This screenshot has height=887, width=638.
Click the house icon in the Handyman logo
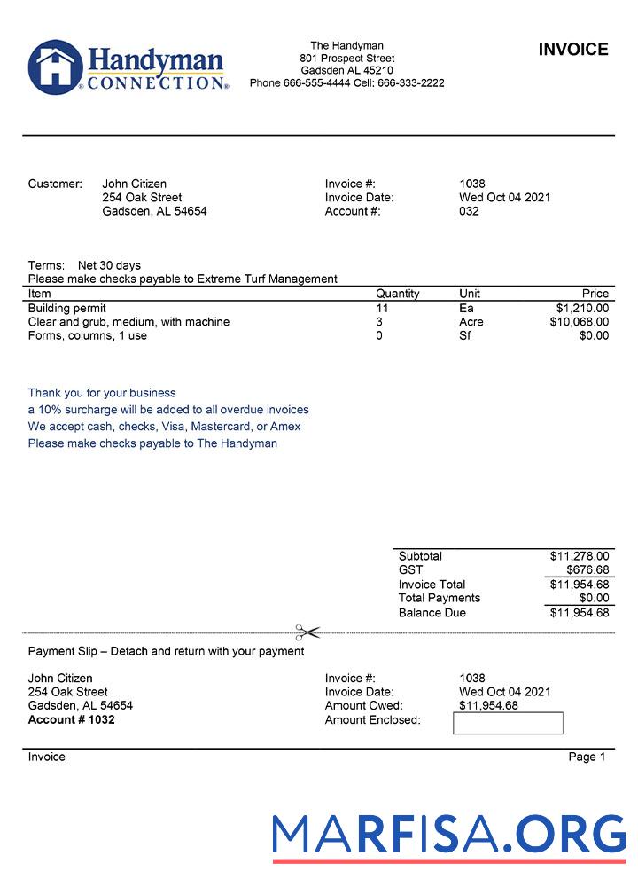click(x=55, y=67)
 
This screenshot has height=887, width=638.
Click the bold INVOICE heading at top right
click(x=573, y=50)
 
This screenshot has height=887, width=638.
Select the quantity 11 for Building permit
click(x=382, y=309)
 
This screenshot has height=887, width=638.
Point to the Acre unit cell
click(x=471, y=322)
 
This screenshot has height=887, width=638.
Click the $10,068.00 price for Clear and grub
click(x=579, y=322)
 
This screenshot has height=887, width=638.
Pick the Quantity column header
click(x=397, y=294)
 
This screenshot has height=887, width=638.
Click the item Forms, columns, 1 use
click(x=88, y=336)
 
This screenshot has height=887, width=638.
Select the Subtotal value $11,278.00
click(x=579, y=556)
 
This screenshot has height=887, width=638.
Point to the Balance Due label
click(x=432, y=613)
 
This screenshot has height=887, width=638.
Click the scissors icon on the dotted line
click(x=307, y=632)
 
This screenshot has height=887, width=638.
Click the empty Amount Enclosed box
click(x=508, y=723)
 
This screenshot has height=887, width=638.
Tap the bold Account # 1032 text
click(x=72, y=719)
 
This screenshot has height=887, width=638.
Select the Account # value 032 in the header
click(x=469, y=211)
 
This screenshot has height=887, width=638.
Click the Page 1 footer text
click(x=587, y=757)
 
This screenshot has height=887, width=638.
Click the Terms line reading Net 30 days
click(x=84, y=265)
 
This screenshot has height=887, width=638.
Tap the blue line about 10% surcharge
click(x=168, y=410)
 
